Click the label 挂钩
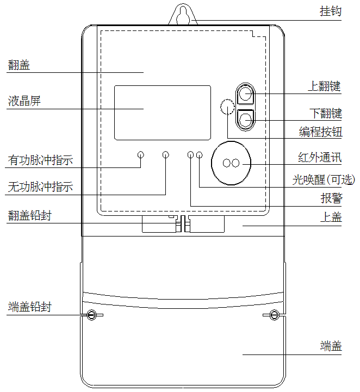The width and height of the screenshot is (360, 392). (330, 10)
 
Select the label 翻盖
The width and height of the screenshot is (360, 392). (19, 65)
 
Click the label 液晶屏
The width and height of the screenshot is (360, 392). (24, 101)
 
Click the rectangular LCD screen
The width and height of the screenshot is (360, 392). (162, 113)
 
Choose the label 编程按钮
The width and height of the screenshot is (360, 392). (320, 132)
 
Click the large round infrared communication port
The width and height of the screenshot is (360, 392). (231, 163)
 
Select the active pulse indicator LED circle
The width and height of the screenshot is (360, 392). (140, 155)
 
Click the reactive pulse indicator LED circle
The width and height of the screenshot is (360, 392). (165, 155)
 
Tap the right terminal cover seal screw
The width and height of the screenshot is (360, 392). (275, 315)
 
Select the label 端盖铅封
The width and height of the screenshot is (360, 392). (30, 307)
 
